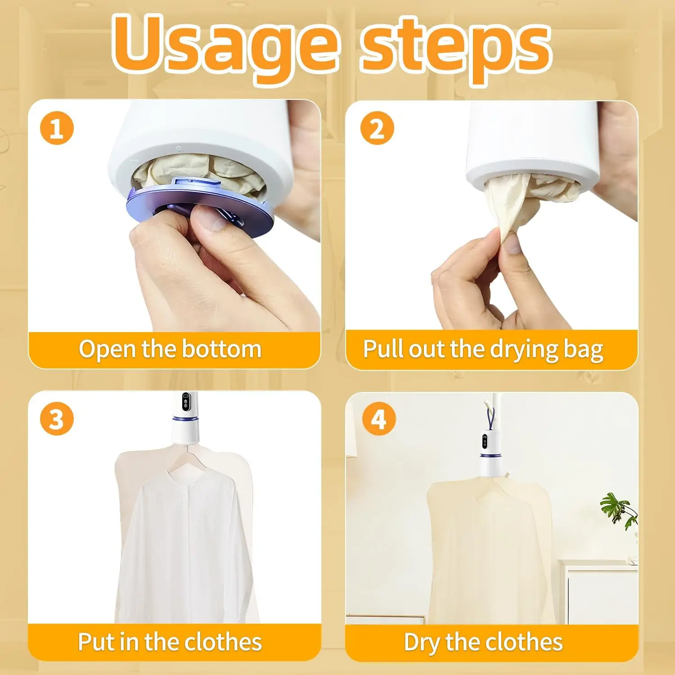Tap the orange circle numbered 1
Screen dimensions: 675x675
[x=57, y=128]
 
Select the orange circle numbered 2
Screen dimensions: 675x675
[x=377, y=128]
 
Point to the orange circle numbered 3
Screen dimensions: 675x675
[x=57, y=419]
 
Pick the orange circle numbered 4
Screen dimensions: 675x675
[x=379, y=419]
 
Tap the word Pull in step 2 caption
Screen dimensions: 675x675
[x=382, y=349]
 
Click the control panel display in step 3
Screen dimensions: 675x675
[x=185, y=402]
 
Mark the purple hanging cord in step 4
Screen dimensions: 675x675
[x=490, y=416]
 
